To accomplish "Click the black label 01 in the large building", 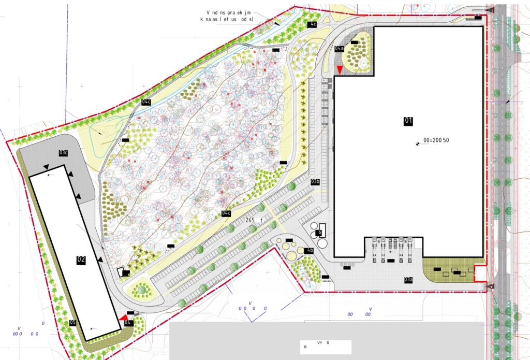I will point(408,121).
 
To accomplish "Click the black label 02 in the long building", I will point(81,260).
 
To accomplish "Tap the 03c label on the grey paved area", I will point(64,153).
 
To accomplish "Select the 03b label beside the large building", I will point(315,182).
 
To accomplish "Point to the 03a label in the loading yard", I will point(408,280).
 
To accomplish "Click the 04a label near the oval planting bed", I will point(339,49).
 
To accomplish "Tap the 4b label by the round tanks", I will point(310,251).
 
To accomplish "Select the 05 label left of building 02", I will point(73,323).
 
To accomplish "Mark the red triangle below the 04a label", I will point(339,69).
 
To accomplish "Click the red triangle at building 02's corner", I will point(123,318).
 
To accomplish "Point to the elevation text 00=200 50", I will point(436,140).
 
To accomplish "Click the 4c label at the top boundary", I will point(312,25).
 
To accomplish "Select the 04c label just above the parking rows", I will point(226,213).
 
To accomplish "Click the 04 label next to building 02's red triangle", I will point(128,323).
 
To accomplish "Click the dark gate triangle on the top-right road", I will point(489,10).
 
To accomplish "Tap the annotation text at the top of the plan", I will point(228,15).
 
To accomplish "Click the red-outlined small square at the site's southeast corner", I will point(481,272).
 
